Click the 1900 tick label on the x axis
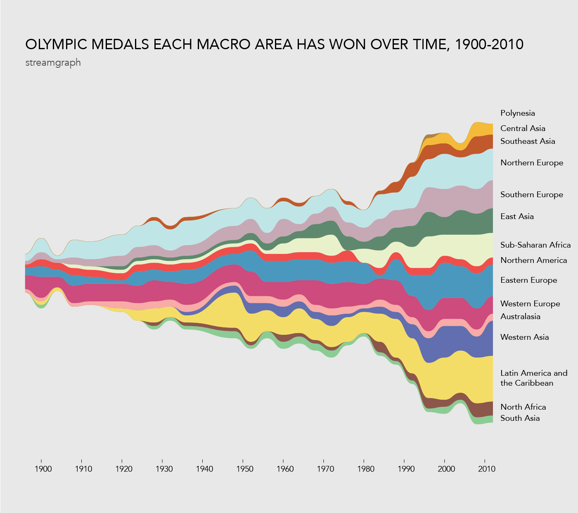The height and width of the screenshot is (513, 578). click(43, 469)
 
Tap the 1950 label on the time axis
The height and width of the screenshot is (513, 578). click(245, 469)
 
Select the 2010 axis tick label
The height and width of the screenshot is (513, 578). click(487, 469)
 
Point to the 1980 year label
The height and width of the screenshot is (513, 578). click(366, 469)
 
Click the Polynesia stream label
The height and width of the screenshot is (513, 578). click(517, 113)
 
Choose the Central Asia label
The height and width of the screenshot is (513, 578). click(523, 129)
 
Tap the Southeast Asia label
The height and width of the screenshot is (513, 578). click(528, 141)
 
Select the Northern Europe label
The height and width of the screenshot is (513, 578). click(532, 163)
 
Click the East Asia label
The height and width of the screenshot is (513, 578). click(517, 217)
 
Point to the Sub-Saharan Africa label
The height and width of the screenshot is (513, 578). click(535, 245)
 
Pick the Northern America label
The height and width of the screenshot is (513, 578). click(533, 260)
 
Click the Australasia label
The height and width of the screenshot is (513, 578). click(520, 317)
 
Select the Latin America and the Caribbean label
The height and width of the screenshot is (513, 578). click(533, 378)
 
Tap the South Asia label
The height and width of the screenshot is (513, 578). click(520, 418)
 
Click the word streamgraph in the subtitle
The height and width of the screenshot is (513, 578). click(53, 63)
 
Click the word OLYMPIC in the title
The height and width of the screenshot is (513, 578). click(56, 44)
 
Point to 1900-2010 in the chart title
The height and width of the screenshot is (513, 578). click(488, 44)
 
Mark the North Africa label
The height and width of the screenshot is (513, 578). click(523, 407)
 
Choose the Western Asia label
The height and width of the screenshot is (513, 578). click(524, 337)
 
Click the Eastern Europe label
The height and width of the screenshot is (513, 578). click(528, 280)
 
